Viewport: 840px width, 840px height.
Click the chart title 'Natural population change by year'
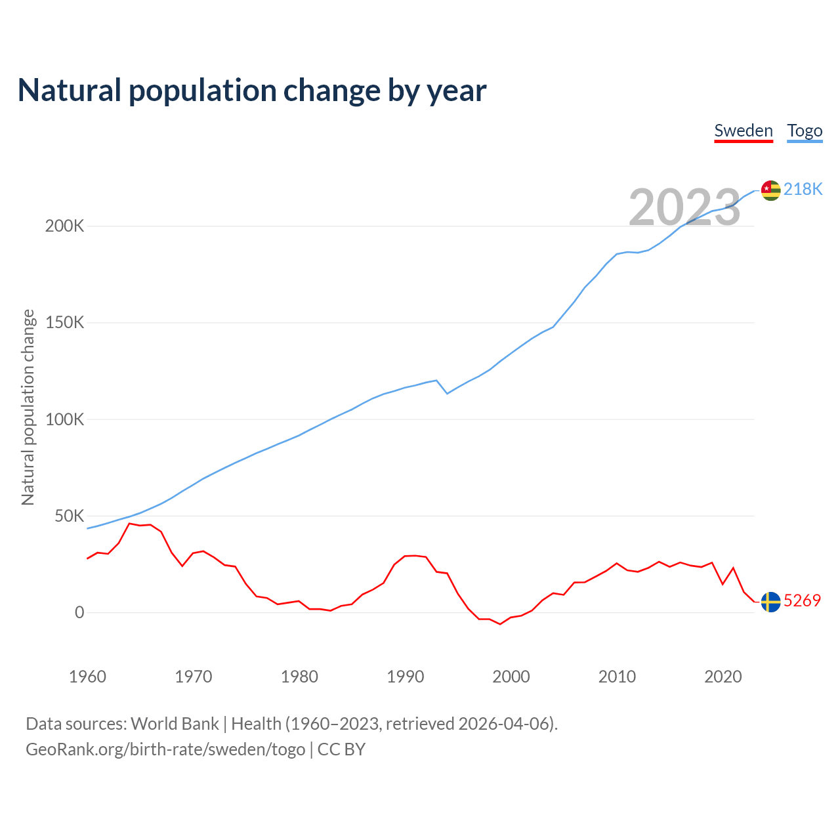click(252, 91)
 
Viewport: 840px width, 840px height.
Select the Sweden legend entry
click(744, 131)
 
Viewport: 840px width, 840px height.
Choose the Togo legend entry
click(805, 131)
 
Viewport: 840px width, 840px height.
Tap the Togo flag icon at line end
click(770, 190)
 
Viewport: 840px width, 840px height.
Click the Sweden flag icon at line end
click(770, 601)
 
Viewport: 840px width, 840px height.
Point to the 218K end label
click(803, 190)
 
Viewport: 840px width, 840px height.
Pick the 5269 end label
click(802, 600)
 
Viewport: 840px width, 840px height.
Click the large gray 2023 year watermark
click(684, 207)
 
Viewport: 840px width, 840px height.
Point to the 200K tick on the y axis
click(64, 226)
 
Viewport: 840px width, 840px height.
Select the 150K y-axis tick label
click(64, 323)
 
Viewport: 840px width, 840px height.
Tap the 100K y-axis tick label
click(64, 419)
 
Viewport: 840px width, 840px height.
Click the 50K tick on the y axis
click(69, 516)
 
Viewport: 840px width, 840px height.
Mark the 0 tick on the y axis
click(79, 612)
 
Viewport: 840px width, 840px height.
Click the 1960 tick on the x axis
click(87, 677)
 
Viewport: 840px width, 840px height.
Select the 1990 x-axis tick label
click(405, 677)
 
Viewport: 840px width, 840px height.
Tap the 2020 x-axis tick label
click(723, 677)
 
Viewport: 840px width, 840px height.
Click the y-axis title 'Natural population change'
click(28, 408)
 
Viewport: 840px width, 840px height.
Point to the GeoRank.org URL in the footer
click(165, 749)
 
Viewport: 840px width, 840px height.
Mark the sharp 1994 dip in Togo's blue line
click(447, 393)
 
